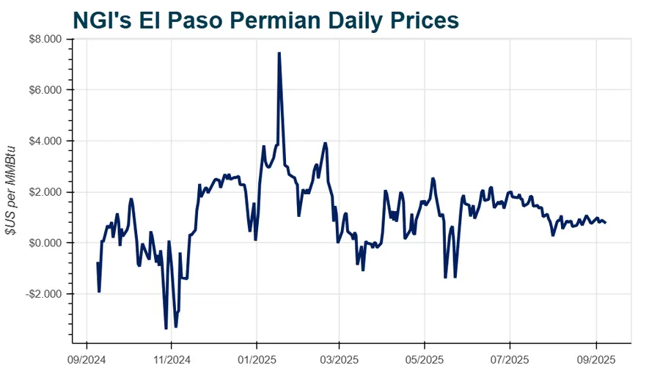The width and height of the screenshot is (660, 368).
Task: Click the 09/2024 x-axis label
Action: (x=87, y=360)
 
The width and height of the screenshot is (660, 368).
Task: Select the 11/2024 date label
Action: (x=171, y=360)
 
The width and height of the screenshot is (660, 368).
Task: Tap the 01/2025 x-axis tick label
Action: (x=256, y=360)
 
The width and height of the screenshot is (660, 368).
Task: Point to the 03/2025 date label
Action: (x=339, y=360)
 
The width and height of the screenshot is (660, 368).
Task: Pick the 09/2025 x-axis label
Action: (x=595, y=360)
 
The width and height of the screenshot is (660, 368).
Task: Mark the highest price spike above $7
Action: (x=279, y=54)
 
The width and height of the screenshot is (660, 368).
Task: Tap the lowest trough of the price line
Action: (x=166, y=327)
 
